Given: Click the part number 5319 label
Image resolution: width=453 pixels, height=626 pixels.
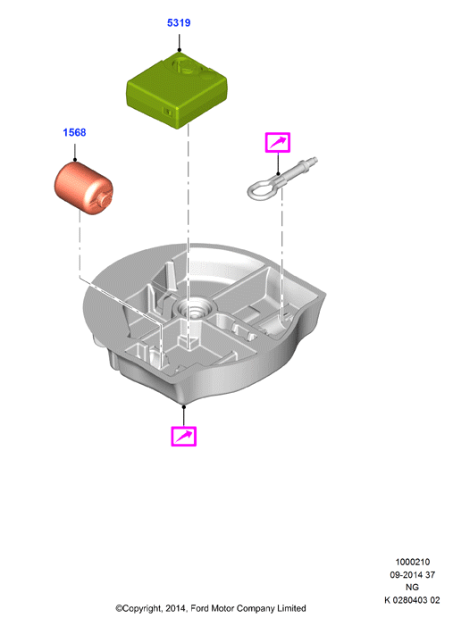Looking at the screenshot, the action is coord(179,22).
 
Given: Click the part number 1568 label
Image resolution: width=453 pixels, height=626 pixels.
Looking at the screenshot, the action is coord(74,132).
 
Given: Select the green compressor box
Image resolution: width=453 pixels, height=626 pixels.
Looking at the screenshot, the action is coord(177,90).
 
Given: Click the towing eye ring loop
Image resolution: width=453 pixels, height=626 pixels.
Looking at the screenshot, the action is coord(261,188).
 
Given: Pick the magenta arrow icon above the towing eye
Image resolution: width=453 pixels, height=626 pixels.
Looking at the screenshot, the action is coord(278,143).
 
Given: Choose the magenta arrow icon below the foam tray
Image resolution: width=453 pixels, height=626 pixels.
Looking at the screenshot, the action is coord(184,436).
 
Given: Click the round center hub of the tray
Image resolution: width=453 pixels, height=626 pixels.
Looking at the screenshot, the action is coord(195,309).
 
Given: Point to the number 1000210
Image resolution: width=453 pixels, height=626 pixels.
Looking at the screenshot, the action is coord(412,562).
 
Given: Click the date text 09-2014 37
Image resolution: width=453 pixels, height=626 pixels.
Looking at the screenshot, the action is coord(412,574).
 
